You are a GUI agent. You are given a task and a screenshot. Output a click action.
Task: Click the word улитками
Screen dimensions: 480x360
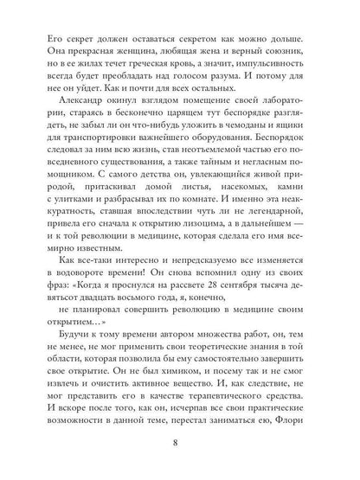coord(79,214)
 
